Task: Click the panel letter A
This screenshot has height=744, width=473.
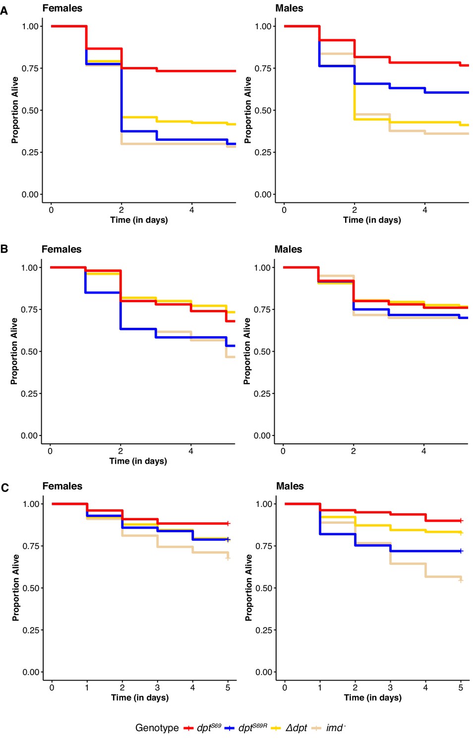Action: [4, 11]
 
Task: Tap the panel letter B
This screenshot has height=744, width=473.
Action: [4, 249]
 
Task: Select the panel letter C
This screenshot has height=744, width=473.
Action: [4, 488]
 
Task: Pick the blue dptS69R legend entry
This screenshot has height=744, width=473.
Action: [246, 728]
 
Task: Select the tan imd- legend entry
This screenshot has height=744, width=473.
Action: [329, 728]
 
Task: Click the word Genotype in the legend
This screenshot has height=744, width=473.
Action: [157, 728]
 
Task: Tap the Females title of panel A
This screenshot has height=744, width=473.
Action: [62, 8]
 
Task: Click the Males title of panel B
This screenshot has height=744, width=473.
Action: [288, 249]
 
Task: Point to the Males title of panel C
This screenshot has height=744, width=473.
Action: [290, 486]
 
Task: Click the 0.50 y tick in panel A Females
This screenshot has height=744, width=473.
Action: [30, 110]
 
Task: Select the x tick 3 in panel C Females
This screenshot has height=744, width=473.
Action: [157, 687]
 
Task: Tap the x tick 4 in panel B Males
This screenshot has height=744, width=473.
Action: [424, 451]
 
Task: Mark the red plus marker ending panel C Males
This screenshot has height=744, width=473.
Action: [461, 520]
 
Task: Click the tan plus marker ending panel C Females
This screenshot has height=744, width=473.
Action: [228, 558]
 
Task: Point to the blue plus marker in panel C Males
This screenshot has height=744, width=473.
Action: [461, 551]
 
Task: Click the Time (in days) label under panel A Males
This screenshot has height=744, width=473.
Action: [372, 220]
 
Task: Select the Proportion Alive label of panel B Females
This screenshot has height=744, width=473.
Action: [14, 351]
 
